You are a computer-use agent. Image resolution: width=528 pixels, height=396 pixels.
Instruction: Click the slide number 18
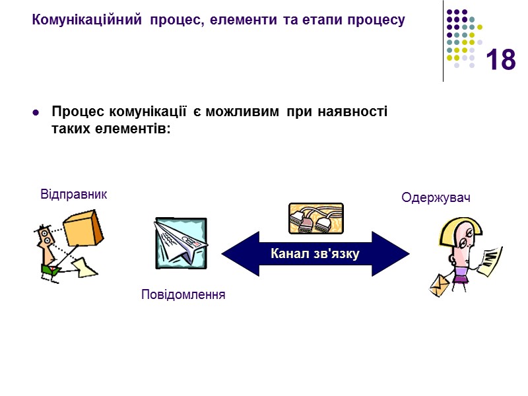click(x=500, y=60)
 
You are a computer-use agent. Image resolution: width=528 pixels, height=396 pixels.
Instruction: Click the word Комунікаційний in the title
click(x=86, y=20)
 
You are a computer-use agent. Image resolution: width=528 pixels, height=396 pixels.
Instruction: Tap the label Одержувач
click(x=436, y=197)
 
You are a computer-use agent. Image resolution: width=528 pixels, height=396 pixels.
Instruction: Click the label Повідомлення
click(x=183, y=294)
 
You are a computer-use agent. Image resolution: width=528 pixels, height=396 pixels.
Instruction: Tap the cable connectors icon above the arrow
click(x=315, y=218)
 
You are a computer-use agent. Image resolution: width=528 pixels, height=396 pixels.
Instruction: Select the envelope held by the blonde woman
click(x=439, y=284)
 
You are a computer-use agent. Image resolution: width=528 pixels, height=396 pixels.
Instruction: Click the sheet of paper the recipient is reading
click(x=492, y=261)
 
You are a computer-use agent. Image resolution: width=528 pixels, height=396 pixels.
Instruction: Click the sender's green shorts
click(x=49, y=268)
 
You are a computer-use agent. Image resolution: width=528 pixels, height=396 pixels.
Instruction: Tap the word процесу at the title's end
click(x=376, y=20)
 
